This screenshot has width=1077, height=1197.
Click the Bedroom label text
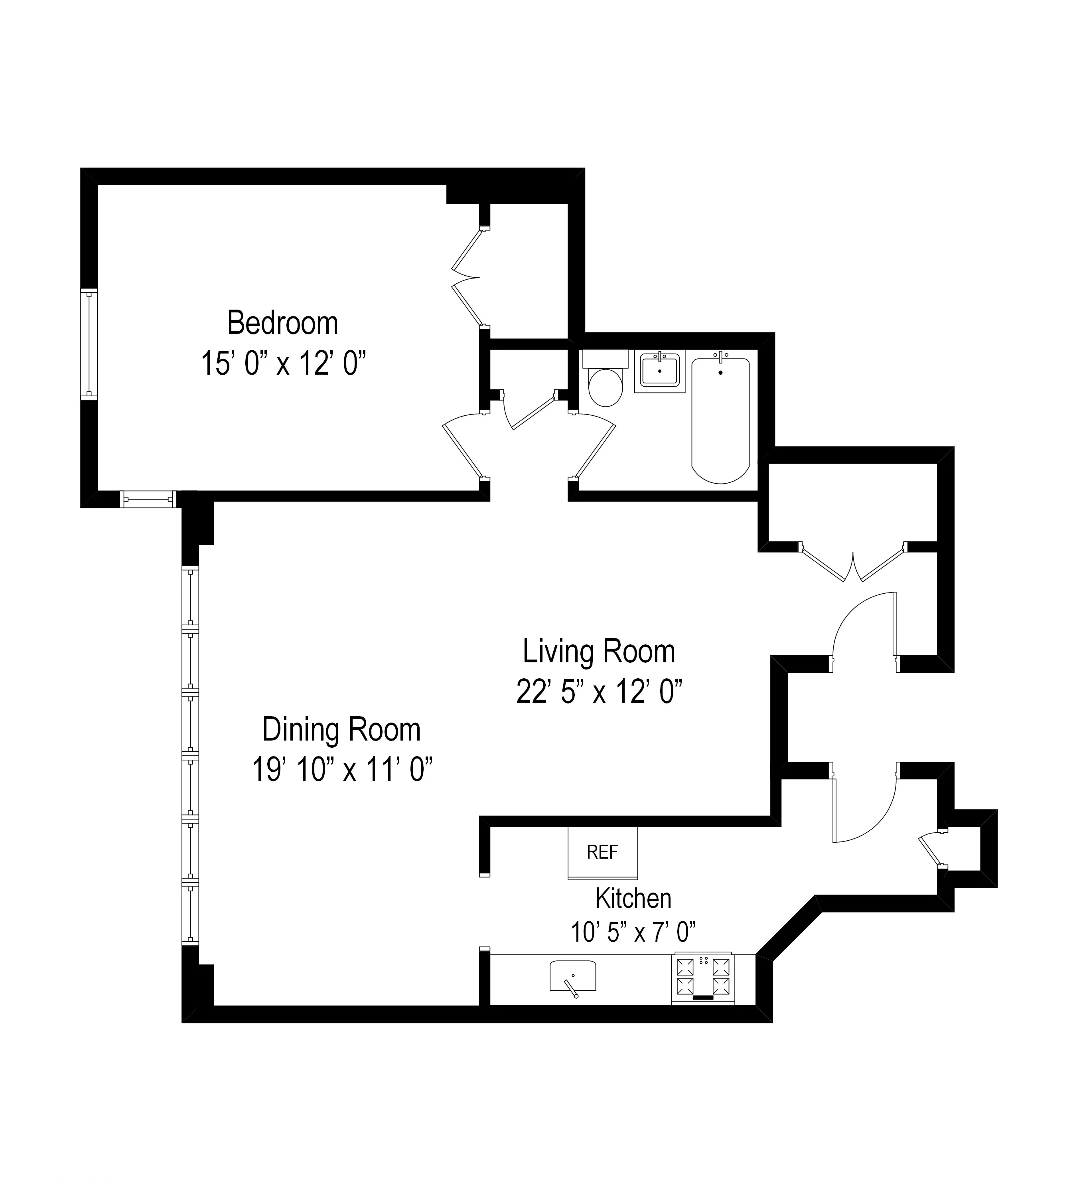(x=282, y=323)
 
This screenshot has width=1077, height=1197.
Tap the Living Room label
(x=598, y=652)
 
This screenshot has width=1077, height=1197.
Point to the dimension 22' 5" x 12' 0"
(x=599, y=691)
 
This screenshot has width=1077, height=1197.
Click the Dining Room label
(x=341, y=729)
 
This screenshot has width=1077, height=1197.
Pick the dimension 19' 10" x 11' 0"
(x=342, y=770)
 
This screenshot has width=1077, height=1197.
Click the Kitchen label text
(x=633, y=898)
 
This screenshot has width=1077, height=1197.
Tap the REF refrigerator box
(x=602, y=852)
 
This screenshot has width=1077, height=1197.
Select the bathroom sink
(x=659, y=371)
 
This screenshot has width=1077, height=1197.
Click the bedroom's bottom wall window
(x=148, y=499)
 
